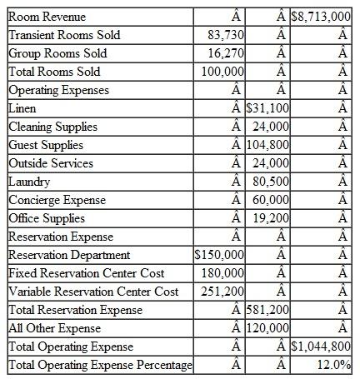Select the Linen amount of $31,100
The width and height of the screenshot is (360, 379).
(270, 107)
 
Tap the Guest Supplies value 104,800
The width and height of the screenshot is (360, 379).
(270, 144)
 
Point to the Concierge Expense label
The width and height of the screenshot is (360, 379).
(57, 199)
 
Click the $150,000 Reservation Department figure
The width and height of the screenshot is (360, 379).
(219, 254)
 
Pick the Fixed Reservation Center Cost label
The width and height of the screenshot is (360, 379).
(86, 272)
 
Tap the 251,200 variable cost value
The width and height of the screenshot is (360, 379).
(222, 291)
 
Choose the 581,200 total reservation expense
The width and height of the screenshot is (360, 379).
(270, 310)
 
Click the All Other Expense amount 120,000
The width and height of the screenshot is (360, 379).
(270, 328)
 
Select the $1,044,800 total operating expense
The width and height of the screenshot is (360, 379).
(322, 347)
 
